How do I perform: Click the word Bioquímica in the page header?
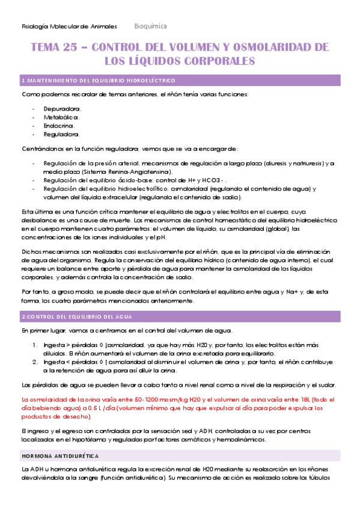pos(150,26)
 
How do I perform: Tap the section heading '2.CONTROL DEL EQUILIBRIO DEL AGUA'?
pos(77,317)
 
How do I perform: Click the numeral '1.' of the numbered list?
pos(34,345)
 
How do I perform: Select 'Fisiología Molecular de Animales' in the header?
pos(62,26)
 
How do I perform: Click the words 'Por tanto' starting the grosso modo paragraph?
pos(35,292)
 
